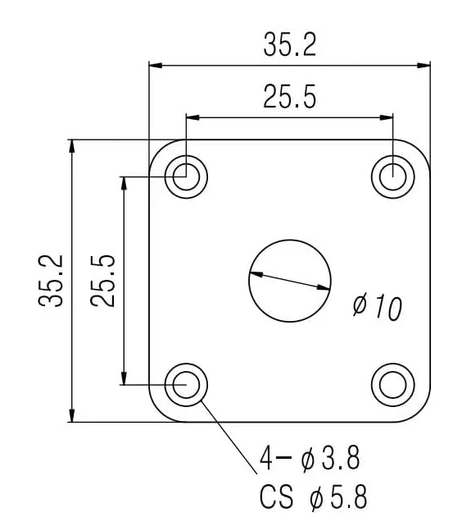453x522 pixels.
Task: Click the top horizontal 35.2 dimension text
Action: [289, 46]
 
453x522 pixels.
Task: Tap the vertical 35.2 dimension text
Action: [51, 280]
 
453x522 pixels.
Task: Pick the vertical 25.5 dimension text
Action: [103, 280]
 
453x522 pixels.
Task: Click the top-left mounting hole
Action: [186, 176]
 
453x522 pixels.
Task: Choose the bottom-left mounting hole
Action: [186, 383]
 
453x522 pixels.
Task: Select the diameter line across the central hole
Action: [290, 280]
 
